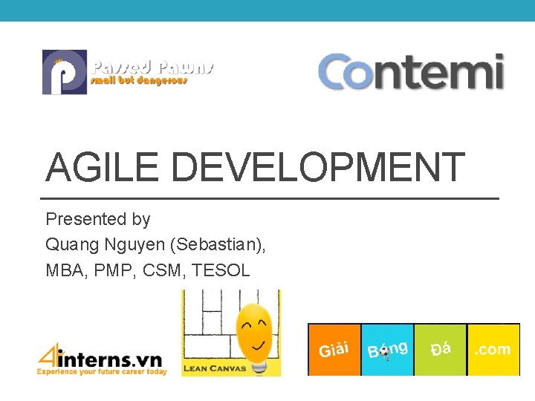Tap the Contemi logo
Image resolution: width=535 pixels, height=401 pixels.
point(411,73)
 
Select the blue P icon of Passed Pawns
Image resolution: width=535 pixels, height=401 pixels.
point(64,72)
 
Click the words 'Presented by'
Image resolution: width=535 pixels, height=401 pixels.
point(98,219)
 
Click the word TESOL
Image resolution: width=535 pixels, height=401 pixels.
point(221,270)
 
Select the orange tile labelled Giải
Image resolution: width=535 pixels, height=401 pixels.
point(334,349)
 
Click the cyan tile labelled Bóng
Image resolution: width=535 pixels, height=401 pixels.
point(387,349)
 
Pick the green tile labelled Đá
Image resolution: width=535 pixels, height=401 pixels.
point(440,349)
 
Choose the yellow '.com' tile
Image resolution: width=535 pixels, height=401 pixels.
point(493,349)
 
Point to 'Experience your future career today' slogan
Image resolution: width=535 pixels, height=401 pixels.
point(103,371)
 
